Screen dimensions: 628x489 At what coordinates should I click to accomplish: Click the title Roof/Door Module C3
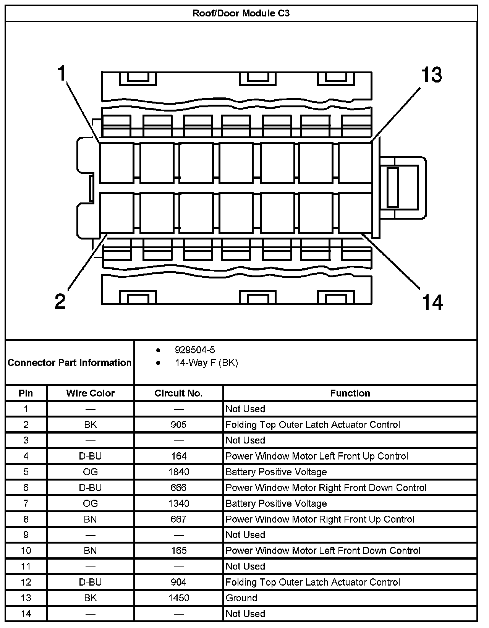tap(241, 13)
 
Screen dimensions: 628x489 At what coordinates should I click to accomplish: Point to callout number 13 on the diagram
tap(432, 75)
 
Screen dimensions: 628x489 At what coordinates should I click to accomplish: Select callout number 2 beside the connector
tap(60, 302)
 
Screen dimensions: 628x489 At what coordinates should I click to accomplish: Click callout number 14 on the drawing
tap(432, 303)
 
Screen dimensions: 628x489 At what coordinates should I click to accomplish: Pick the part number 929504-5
tap(195, 350)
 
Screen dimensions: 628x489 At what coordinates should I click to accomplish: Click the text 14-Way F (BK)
tap(206, 363)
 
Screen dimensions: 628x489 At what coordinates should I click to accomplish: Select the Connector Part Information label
tap(70, 363)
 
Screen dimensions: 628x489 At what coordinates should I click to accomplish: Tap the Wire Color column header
tap(90, 393)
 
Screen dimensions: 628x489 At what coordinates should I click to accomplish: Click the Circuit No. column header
tap(178, 393)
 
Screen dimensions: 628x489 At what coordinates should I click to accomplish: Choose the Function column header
tap(350, 393)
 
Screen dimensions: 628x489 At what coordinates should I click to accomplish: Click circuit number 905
tap(178, 425)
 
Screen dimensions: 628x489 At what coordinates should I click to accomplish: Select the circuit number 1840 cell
tap(178, 472)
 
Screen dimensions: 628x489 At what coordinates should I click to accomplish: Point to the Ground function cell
tap(241, 598)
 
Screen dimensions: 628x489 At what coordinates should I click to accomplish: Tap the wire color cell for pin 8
tap(90, 519)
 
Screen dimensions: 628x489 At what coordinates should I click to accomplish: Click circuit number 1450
tap(178, 598)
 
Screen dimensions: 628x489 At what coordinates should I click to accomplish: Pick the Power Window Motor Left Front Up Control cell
tap(317, 456)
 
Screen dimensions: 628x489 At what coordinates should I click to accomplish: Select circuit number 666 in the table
tap(178, 487)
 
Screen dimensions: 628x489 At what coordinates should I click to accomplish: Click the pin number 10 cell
tap(26, 550)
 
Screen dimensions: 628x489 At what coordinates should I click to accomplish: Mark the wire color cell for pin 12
tap(90, 582)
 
